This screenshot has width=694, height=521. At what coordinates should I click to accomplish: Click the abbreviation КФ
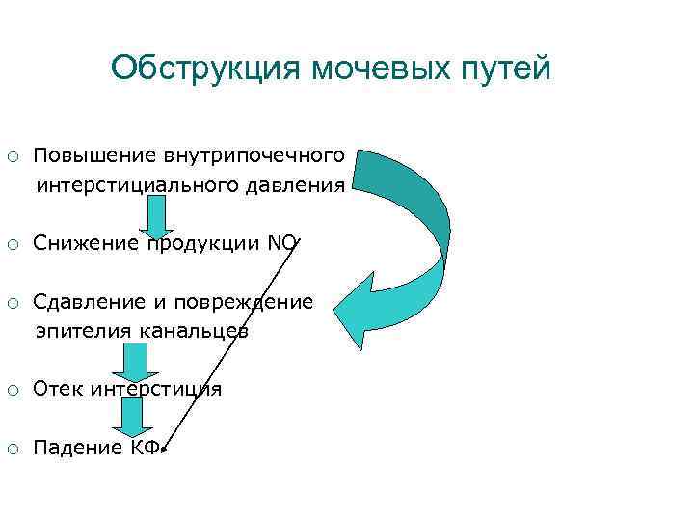[146, 448]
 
